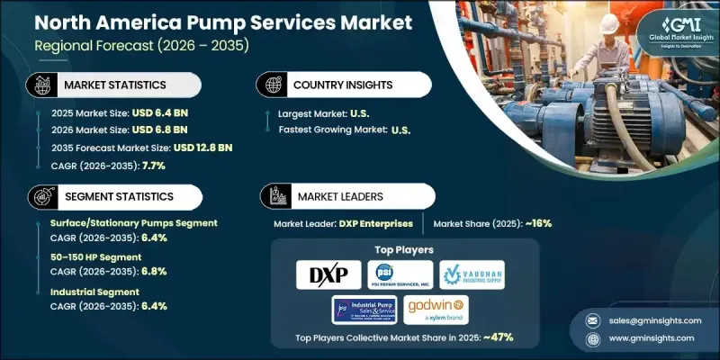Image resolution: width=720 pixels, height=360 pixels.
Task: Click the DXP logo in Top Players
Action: coord(328,274)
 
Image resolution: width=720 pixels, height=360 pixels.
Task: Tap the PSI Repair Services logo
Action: coord(400,274)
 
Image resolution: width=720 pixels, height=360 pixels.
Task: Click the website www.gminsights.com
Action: coord(650,337)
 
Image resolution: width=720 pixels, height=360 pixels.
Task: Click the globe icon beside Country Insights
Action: coord(271,85)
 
